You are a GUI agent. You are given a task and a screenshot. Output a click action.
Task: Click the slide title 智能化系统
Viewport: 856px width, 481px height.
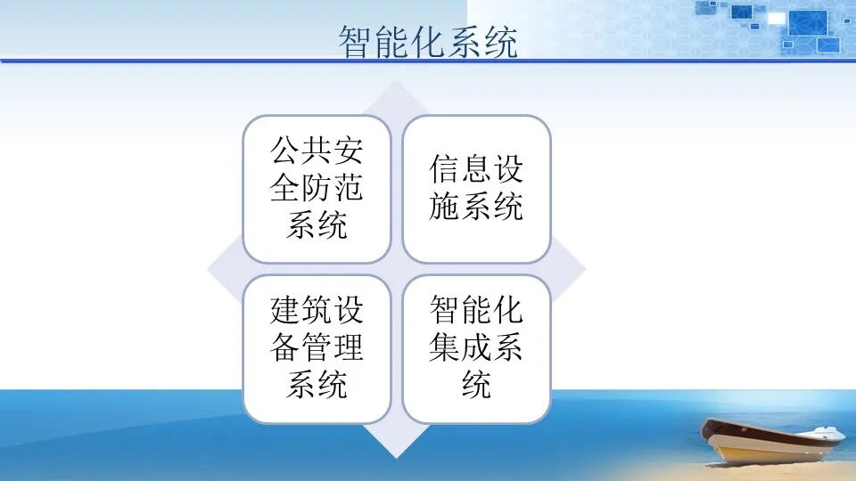[427, 42]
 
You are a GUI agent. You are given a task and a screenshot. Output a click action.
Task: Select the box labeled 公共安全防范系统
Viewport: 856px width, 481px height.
[317, 189]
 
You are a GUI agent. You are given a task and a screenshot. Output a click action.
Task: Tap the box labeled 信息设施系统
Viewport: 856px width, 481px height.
[476, 189]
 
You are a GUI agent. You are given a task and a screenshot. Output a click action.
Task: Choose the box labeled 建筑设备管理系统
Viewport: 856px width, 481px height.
[317, 348]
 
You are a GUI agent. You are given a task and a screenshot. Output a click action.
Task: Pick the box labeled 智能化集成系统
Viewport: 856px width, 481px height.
[476, 348]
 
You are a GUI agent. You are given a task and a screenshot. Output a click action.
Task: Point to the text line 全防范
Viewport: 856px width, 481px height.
[317, 189]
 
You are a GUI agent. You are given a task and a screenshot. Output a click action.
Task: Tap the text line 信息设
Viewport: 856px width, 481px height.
[476, 170]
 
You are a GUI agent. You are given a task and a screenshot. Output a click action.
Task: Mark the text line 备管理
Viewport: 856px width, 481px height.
[317, 348]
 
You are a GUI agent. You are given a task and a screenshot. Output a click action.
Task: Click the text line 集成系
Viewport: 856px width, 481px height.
[476, 348]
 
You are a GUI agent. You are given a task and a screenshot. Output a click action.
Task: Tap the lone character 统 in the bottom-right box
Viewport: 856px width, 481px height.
[476, 385]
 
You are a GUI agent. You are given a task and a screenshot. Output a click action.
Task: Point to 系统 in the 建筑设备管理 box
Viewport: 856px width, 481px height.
[317, 385]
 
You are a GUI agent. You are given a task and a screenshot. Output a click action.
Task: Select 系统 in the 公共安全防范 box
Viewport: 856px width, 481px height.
[317, 225]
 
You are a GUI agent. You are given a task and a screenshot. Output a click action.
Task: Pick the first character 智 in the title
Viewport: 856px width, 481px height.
[356, 42]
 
